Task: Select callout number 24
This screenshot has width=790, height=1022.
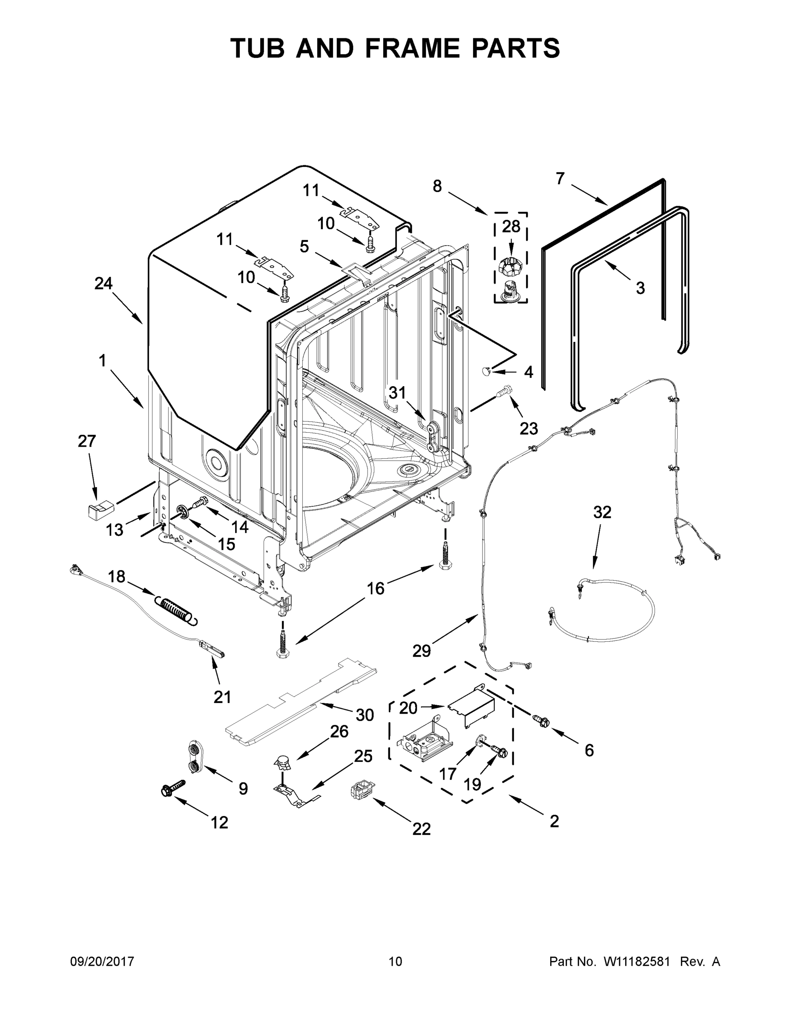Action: tap(103, 283)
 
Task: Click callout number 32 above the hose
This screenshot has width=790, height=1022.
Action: tap(602, 512)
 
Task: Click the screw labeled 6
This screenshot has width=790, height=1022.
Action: tap(540, 721)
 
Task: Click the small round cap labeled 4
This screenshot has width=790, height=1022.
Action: tap(488, 371)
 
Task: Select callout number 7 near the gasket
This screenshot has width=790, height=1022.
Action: tap(560, 178)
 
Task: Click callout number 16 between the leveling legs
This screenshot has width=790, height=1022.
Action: tap(375, 588)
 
